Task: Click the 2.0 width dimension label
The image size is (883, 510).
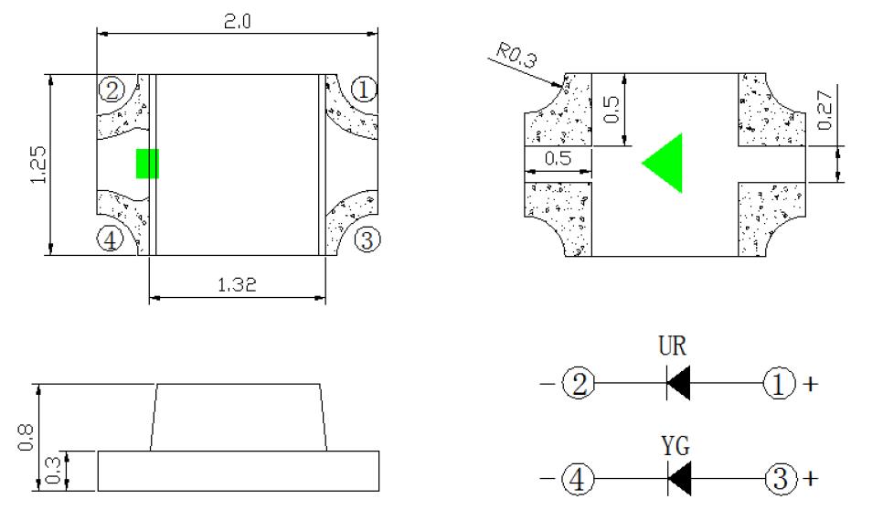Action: (237, 21)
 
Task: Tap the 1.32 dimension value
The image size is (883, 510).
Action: (237, 284)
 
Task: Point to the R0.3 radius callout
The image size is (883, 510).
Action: (517, 58)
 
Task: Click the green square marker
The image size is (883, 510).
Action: (147, 164)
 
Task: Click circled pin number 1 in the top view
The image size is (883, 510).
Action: (364, 90)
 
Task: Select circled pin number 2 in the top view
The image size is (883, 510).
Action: (112, 90)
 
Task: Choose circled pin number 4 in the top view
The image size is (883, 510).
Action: (111, 240)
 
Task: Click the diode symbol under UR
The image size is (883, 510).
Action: (677, 385)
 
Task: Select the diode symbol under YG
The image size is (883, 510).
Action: (677, 478)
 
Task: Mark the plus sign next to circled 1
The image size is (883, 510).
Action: (809, 385)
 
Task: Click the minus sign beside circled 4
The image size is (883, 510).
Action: (545, 478)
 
